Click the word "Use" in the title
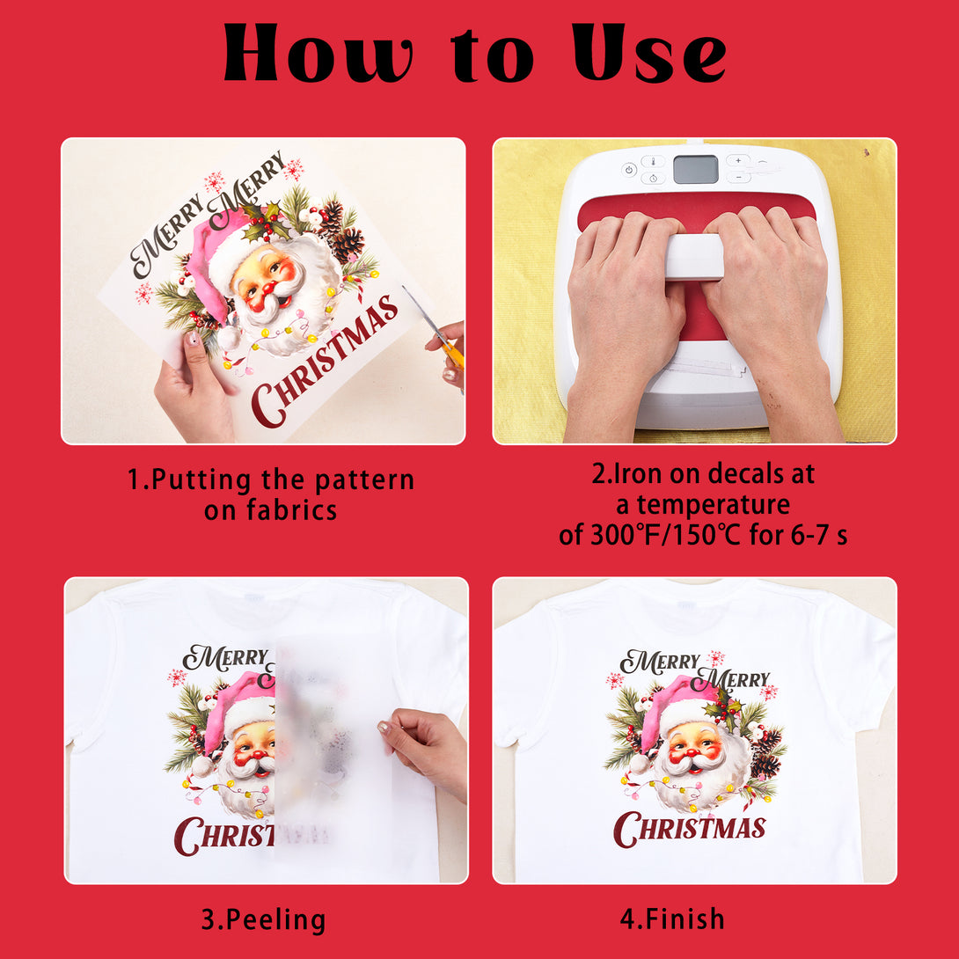(x=649, y=53)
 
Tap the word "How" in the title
(x=318, y=53)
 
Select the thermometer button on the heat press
(x=653, y=162)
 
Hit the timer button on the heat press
(x=653, y=178)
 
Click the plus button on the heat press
(x=738, y=161)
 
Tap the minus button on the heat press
(x=738, y=178)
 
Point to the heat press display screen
(x=695, y=170)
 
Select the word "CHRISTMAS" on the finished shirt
(x=689, y=830)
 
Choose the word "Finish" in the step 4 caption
(x=684, y=919)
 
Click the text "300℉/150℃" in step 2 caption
(x=665, y=535)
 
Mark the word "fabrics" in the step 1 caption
(x=292, y=510)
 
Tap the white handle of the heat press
(x=694, y=256)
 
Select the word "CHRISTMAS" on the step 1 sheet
(x=325, y=361)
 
